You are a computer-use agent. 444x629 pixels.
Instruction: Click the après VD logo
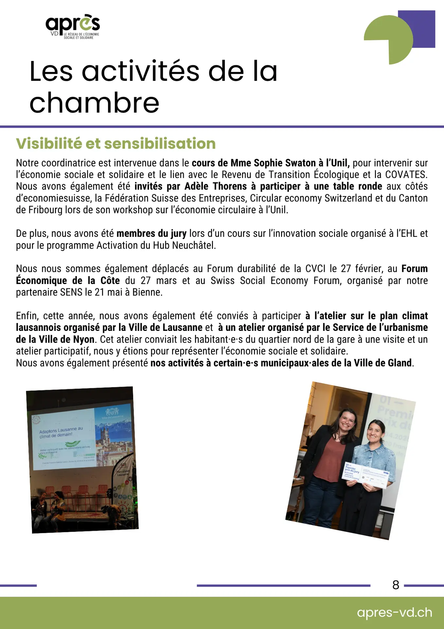(73, 27)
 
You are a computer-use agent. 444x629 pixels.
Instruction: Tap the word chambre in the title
(94, 103)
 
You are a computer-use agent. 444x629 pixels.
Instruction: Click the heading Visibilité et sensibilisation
(116, 143)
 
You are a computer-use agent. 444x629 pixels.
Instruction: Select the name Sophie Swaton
(285, 163)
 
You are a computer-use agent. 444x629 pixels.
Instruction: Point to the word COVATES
(406, 174)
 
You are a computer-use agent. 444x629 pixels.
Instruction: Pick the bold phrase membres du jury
(151, 233)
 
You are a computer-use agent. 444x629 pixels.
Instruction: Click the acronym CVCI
(315, 269)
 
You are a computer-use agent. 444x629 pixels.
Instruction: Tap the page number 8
(396, 585)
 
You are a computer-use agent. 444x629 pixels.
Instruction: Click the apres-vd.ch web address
(394, 612)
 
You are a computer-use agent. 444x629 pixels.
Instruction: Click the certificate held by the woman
(366, 474)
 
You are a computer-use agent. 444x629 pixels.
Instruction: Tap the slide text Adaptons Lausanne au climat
(61, 432)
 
